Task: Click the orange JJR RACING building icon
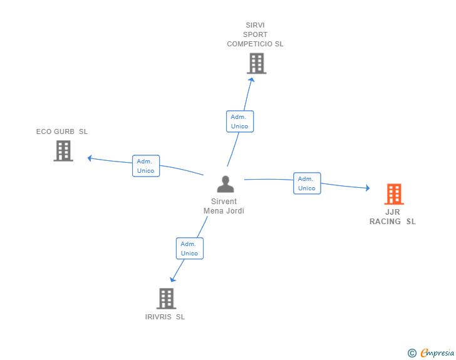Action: point(394,194)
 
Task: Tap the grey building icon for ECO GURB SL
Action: point(63,151)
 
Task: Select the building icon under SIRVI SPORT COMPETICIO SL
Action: point(257,63)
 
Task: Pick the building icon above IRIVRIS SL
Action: point(167,299)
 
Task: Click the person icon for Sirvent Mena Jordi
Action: point(225,184)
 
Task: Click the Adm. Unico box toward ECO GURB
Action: point(146,166)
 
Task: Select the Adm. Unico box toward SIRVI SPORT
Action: point(240,121)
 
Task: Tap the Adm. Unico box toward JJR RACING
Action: point(307,183)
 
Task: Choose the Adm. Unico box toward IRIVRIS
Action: point(190,249)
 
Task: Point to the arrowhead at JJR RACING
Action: point(368,188)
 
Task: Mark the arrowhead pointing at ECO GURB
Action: point(90,158)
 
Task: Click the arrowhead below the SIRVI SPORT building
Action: point(252,80)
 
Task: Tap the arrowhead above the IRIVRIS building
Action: point(172,280)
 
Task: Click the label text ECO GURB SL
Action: point(62,131)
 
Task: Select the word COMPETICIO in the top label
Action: point(249,44)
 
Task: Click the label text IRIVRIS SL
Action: point(165,317)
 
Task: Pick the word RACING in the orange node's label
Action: point(385,222)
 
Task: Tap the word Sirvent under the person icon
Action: point(224,202)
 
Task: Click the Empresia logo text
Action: point(437,353)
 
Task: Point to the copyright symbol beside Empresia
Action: point(412,353)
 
